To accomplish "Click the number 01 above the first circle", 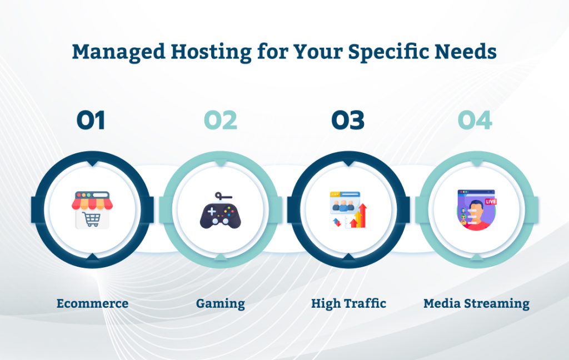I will (x=91, y=121).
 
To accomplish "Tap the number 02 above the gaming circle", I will (x=220, y=121).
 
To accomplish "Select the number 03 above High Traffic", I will (x=348, y=121).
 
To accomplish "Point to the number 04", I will (x=475, y=121).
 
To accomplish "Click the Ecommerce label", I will (x=92, y=303).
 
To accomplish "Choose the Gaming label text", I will (x=220, y=304).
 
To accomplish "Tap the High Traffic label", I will (x=348, y=303).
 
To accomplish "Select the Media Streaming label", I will (x=476, y=304).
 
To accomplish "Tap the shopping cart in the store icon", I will (x=91, y=219).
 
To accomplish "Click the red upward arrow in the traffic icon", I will (x=362, y=214).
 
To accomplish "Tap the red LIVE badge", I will (x=491, y=201).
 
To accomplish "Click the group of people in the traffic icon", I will (x=345, y=204).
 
